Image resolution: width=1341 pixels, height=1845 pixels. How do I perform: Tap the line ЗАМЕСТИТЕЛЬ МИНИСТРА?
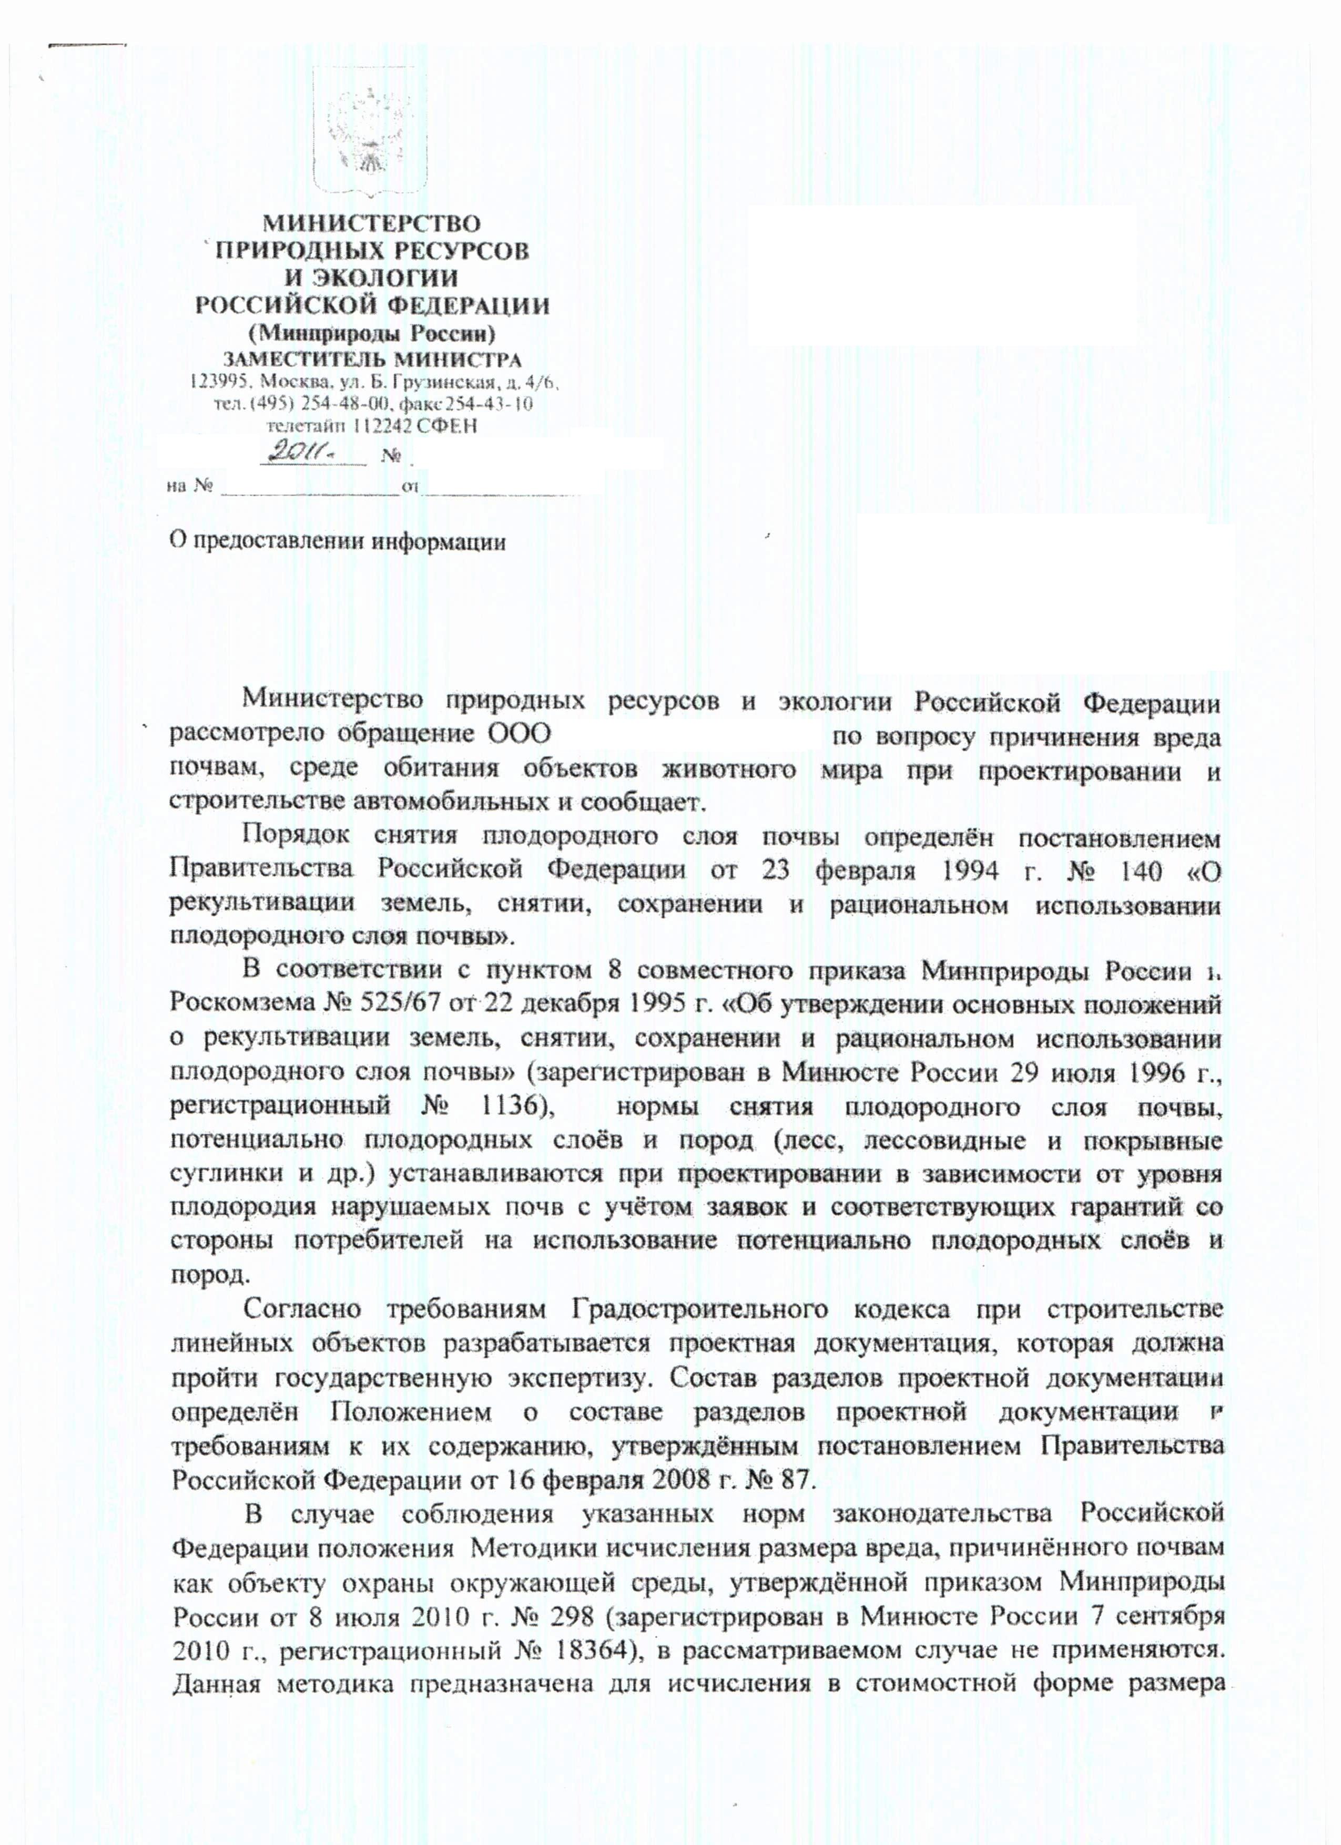(372, 358)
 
